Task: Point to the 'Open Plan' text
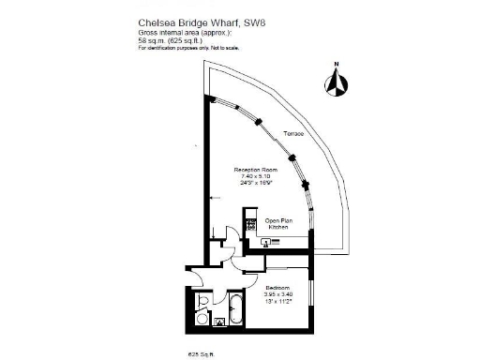pyautogui.click(x=278, y=221)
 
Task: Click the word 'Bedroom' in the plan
pyautogui.click(x=278, y=287)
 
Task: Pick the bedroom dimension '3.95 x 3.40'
pyautogui.click(x=278, y=293)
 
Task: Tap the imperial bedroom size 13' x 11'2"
pyautogui.click(x=278, y=300)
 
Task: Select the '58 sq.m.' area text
pyautogui.click(x=150, y=41)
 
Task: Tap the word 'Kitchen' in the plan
pyautogui.click(x=278, y=228)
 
